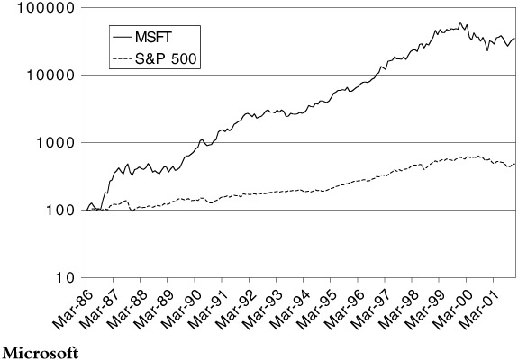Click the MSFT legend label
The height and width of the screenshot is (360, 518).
click(153, 37)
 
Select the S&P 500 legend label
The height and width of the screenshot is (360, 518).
click(166, 58)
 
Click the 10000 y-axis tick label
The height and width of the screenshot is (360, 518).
click(50, 76)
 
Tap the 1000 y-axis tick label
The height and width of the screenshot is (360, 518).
click(55, 143)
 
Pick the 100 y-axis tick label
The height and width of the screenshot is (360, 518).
click(59, 211)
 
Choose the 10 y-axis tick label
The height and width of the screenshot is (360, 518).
click(65, 278)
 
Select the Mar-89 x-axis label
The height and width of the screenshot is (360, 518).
click(151, 306)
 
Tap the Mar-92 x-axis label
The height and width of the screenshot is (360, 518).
click(233, 306)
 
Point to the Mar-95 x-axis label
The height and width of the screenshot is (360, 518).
click(314, 306)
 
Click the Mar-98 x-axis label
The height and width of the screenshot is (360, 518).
click(396, 306)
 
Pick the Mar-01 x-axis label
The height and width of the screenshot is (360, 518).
click(477, 306)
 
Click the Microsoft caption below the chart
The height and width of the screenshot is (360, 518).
click(41, 353)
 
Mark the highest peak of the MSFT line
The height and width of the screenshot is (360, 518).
click(460, 22)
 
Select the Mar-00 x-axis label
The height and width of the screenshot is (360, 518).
click(450, 306)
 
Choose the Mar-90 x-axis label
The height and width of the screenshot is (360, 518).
click(179, 306)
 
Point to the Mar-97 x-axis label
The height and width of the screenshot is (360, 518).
click(369, 306)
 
